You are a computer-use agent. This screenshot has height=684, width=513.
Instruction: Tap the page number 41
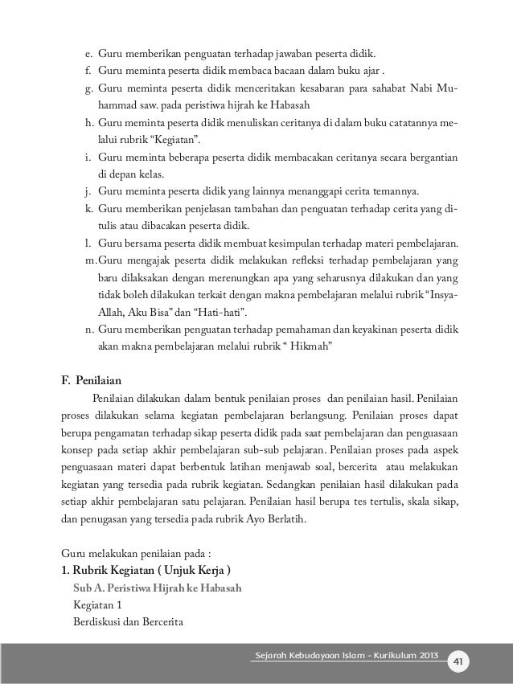click(x=458, y=660)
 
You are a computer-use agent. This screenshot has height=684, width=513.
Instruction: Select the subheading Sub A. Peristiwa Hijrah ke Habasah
click(x=157, y=588)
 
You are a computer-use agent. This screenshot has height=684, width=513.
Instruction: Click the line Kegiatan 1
click(x=96, y=606)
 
